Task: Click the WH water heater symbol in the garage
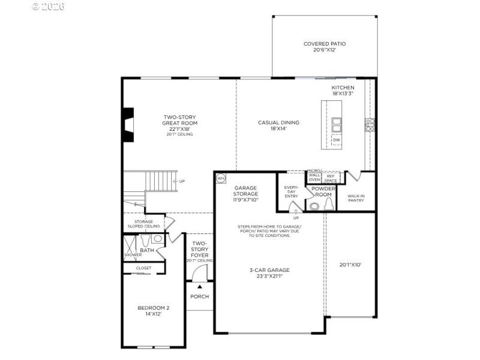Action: [220, 178]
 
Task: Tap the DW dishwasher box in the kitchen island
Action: [337, 140]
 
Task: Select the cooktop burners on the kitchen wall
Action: [370, 124]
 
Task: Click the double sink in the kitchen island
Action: [337, 125]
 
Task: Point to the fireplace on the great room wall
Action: [128, 125]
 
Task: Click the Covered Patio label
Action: [325, 47]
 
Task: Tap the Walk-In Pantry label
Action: [356, 197]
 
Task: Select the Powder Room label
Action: [323, 191]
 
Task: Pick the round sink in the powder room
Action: [313, 206]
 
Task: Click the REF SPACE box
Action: [331, 178]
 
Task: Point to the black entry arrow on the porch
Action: [200, 286]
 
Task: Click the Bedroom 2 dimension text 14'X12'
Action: [153, 314]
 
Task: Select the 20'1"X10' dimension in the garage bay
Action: [351, 264]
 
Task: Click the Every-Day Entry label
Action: [291, 191]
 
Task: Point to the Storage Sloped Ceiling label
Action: [143, 224]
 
